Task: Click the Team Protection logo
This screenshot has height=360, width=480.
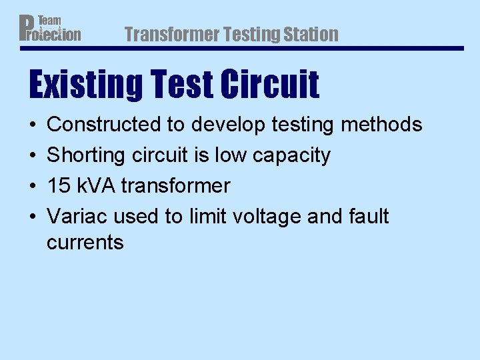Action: pos(50,28)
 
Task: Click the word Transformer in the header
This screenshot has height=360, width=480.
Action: pos(171,34)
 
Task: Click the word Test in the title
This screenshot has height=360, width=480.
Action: pos(184,85)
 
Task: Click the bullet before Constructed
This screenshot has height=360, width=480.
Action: pos(33,125)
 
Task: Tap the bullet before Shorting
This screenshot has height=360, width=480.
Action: pos(33,155)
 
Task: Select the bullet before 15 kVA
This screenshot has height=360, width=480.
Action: pos(33,186)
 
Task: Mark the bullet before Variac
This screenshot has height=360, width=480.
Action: pos(33,217)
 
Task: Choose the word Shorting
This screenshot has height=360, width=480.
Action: pos(83,155)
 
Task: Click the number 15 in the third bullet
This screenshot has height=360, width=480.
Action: pos(57,186)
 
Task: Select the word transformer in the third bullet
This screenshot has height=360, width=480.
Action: pos(175,186)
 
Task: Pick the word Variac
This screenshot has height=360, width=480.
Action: pos(77,217)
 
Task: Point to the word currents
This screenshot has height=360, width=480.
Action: pos(85,243)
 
